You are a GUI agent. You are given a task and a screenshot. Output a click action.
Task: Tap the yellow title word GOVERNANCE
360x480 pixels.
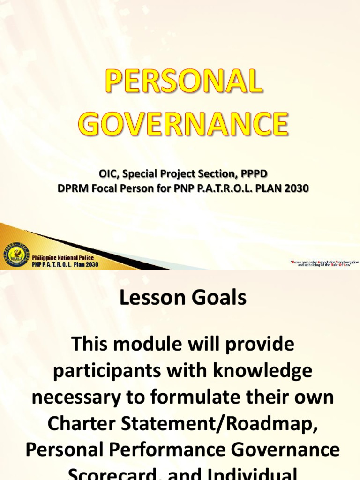[183, 123]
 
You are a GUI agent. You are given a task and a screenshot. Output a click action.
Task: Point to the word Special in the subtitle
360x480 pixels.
[140, 174]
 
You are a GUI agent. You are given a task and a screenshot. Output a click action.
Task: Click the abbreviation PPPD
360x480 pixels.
[254, 174]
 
